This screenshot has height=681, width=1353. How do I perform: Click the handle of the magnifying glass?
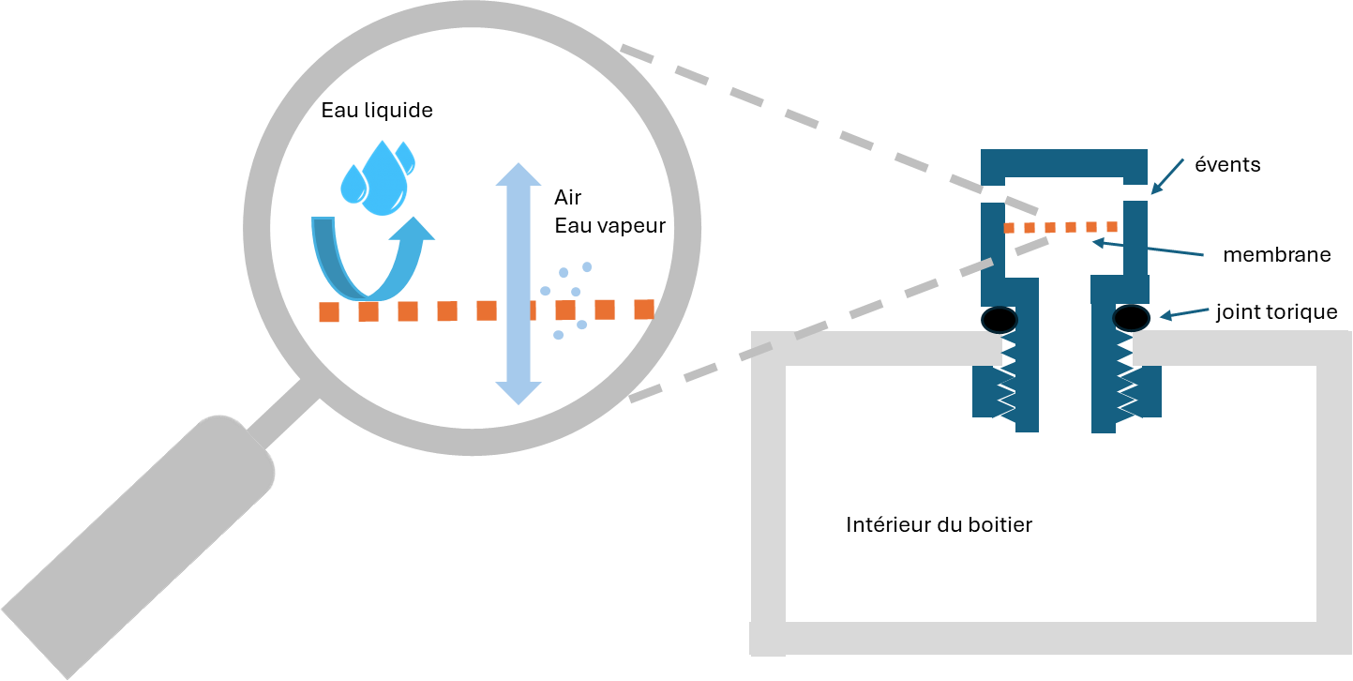pyautogui.click(x=141, y=544)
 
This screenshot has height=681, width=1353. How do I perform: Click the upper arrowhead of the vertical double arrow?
pyautogui.click(x=519, y=175)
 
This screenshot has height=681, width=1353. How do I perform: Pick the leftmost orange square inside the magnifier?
pyautogui.click(x=328, y=312)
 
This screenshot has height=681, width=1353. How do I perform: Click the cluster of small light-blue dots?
pyautogui.click(x=566, y=295)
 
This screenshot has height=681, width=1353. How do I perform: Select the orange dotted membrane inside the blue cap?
pyautogui.click(x=1060, y=227)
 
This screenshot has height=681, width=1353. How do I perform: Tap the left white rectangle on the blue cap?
pyautogui.click(x=992, y=194)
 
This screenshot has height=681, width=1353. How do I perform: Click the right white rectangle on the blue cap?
pyautogui.click(x=1135, y=193)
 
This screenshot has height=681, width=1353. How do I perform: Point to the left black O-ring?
pyautogui.click(x=1000, y=320)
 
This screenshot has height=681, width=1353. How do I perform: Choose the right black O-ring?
pyautogui.click(x=1131, y=318)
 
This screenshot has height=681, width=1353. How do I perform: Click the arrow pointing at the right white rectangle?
pyautogui.click(x=1168, y=175)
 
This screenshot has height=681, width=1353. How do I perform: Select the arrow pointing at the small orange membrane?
pyautogui.click(x=1148, y=249)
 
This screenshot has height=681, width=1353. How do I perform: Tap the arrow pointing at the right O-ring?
pyautogui.click(x=1184, y=312)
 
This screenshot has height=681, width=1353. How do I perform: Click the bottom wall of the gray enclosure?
pyautogui.click(x=1050, y=638)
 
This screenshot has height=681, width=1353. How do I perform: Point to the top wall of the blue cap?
pyautogui.click(x=1064, y=162)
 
